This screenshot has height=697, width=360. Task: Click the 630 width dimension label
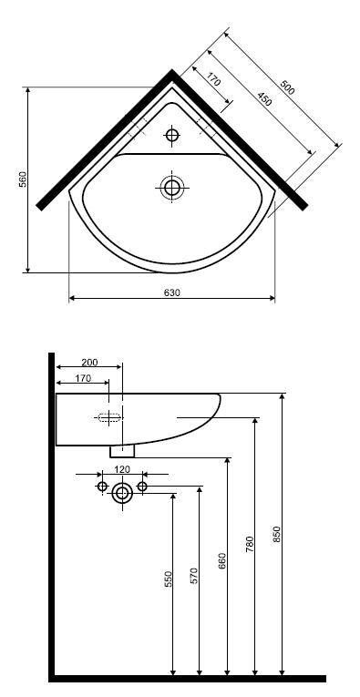[x=172, y=292]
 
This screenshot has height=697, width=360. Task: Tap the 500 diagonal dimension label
[x=287, y=87]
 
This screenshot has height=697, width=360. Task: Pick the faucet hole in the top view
[x=171, y=134]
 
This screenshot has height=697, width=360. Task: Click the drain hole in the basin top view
[x=172, y=188]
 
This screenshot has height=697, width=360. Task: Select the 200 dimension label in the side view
[x=90, y=363]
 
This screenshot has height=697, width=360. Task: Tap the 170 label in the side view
[x=83, y=378]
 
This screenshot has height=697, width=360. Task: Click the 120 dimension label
[x=122, y=469]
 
